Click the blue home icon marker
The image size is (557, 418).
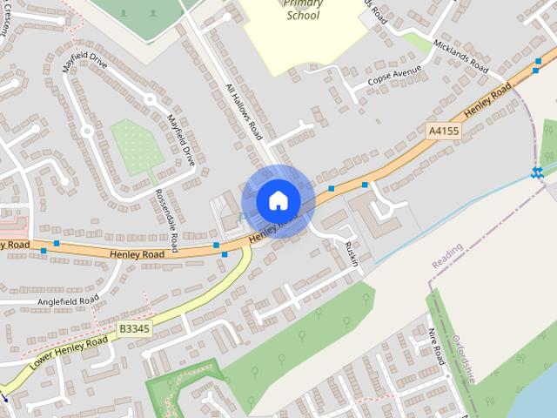tap(278, 200)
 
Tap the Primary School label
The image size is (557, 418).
tap(302, 10)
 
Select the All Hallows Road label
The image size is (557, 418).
tap(243, 111)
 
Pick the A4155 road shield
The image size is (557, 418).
tap(443, 131)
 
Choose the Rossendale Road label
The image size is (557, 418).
tap(165, 217)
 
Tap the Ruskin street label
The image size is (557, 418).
tap(350, 255)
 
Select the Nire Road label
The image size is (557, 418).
tap(437, 347)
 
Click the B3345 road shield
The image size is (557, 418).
tap(135, 327)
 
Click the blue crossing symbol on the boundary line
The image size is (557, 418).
tap(538, 172)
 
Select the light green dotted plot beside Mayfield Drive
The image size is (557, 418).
tap(137, 146)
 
